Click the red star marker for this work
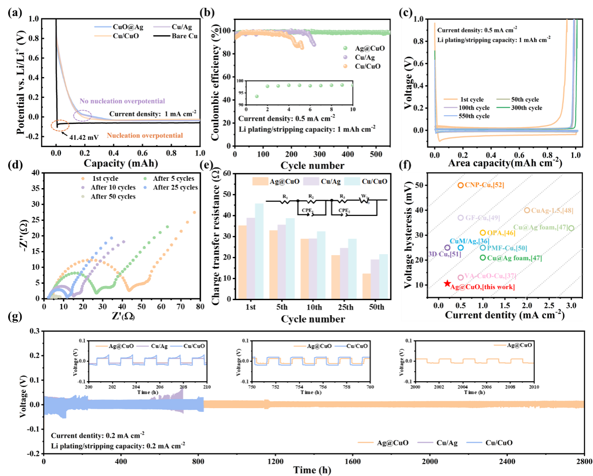(x=447, y=283)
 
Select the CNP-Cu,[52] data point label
(x=484, y=185)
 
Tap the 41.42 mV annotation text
(x=84, y=137)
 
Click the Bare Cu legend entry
(x=184, y=36)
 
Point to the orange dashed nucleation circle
(x=60, y=125)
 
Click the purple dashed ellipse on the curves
(x=83, y=116)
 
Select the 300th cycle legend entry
(x=526, y=108)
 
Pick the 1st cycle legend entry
(x=472, y=99)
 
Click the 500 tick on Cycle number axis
(x=376, y=154)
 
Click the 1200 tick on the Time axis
(x=275, y=461)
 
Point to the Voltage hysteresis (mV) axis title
(x=408, y=235)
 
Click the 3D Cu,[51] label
(x=444, y=254)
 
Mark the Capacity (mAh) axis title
(x=121, y=163)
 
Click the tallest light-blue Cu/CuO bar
(x=259, y=251)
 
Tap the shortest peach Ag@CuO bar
(x=366, y=286)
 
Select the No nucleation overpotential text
(x=122, y=101)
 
